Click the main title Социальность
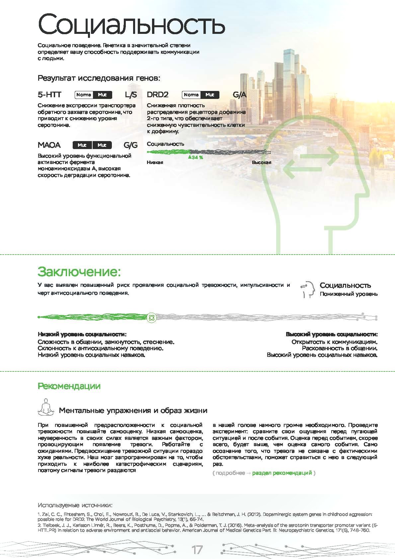(x=131, y=25)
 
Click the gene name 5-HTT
(x=49, y=95)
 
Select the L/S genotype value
(x=131, y=95)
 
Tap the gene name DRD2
(x=158, y=95)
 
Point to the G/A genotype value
(x=239, y=95)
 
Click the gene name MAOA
(x=49, y=145)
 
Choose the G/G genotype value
(x=130, y=145)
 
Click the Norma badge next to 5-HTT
(x=84, y=95)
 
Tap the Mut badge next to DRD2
(x=210, y=95)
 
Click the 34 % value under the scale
(x=197, y=158)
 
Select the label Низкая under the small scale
(x=155, y=162)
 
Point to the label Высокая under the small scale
(x=262, y=162)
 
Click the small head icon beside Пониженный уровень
(x=308, y=289)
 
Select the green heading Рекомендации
(x=69, y=386)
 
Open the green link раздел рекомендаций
(x=282, y=473)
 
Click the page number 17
(x=197, y=550)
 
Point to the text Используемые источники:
(x=75, y=505)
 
